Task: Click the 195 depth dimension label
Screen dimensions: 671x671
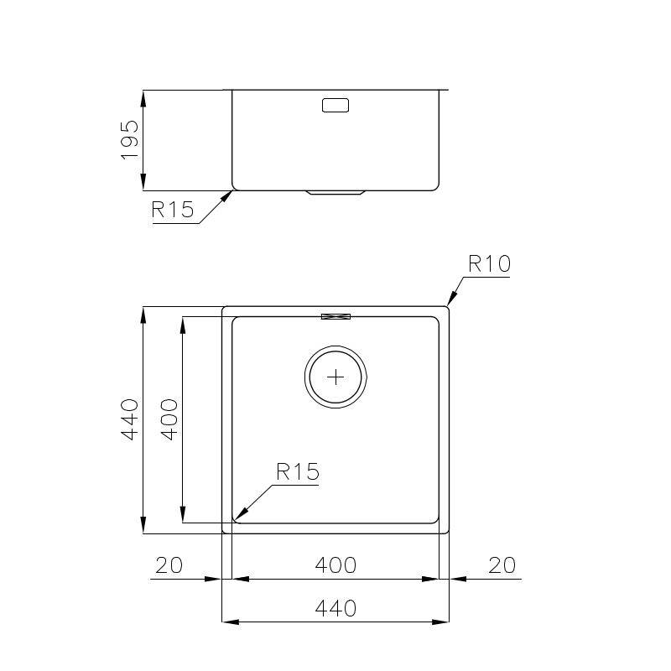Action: [x=130, y=140]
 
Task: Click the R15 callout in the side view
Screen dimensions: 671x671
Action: [x=173, y=210]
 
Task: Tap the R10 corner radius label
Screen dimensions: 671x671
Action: [x=490, y=263]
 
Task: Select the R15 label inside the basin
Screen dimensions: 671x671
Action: [x=298, y=471]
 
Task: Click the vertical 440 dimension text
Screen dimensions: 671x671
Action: [x=130, y=419]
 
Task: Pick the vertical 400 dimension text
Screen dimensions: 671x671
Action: [x=169, y=419]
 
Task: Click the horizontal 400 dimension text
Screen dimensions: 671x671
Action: [x=335, y=565]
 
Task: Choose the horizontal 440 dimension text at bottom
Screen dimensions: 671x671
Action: [x=335, y=609]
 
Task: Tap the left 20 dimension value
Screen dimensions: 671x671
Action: [x=169, y=565]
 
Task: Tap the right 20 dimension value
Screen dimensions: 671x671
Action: [x=502, y=565]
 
